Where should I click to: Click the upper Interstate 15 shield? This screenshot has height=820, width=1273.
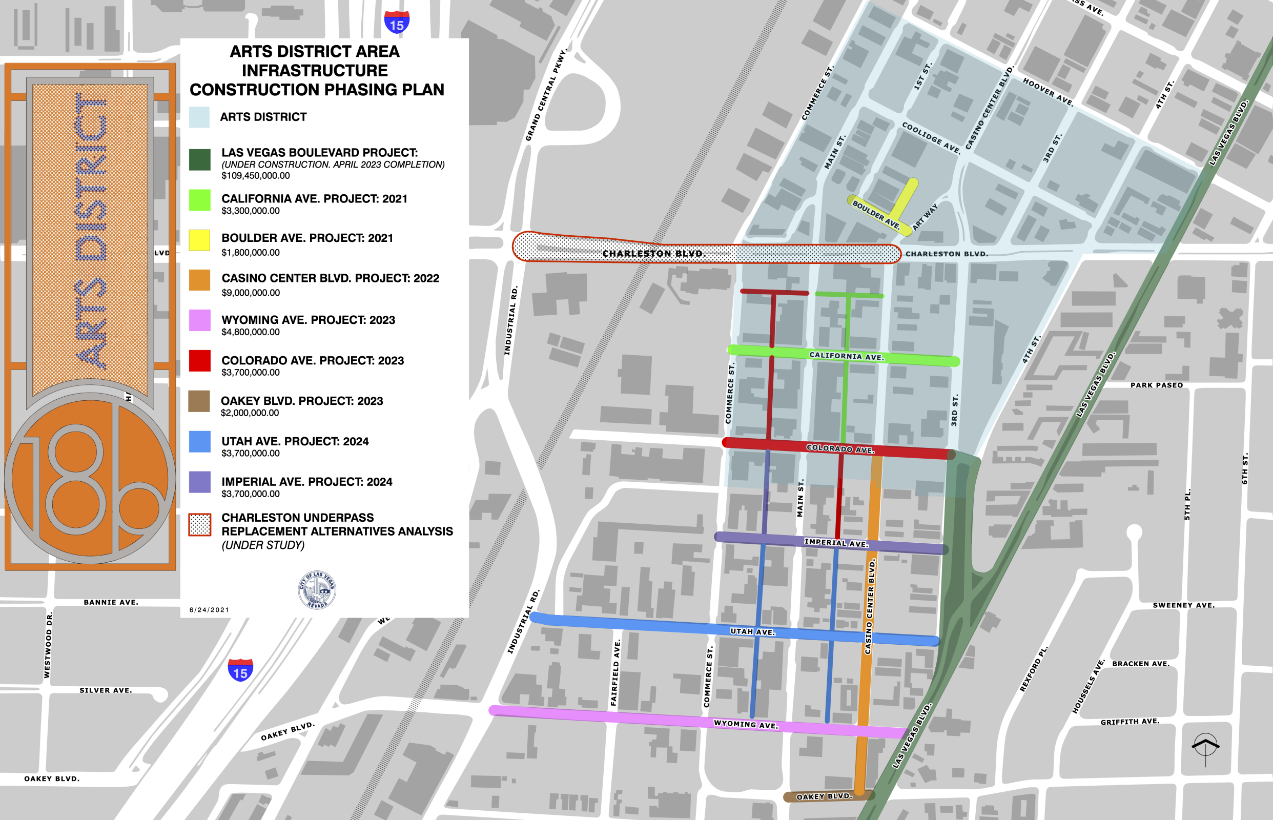pyautogui.click(x=397, y=23)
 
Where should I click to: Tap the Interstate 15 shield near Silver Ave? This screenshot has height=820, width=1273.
pyautogui.click(x=241, y=670)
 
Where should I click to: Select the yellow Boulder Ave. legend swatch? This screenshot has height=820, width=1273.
pyautogui.click(x=200, y=240)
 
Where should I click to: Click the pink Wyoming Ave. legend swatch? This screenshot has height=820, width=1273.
pyautogui.click(x=200, y=320)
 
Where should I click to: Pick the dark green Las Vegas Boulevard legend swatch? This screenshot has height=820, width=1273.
pyautogui.click(x=200, y=160)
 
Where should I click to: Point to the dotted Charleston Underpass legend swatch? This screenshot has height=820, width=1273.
pyautogui.click(x=200, y=525)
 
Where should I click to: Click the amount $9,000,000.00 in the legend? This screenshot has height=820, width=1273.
pyautogui.click(x=250, y=293)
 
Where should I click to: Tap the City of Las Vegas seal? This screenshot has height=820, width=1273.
pyautogui.click(x=317, y=590)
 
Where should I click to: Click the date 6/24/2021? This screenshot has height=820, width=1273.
pyautogui.click(x=209, y=610)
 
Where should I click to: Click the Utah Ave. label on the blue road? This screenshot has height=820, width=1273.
pyautogui.click(x=752, y=632)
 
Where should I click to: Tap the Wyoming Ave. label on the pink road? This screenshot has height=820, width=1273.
pyautogui.click(x=745, y=724)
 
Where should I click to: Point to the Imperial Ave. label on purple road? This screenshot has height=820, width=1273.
pyautogui.click(x=836, y=543)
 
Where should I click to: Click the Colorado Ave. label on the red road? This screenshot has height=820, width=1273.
pyautogui.click(x=840, y=449)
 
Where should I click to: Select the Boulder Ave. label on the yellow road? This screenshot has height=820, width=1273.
pyautogui.click(x=876, y=214)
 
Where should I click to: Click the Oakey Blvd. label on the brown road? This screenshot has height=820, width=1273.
pyautogui.click(x=824, y=796)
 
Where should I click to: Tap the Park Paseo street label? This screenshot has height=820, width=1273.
pyautogui.click(x=1156, y=385)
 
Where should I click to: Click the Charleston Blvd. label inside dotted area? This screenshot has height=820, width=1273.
pyautogui.click(x=654, y=254)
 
